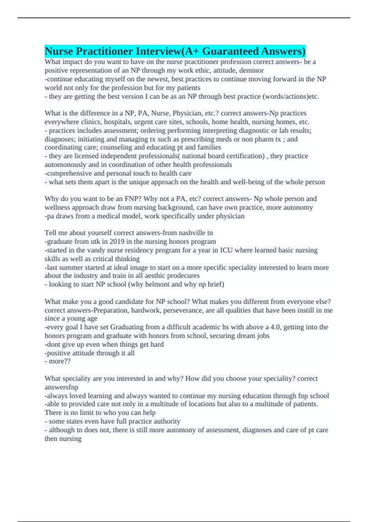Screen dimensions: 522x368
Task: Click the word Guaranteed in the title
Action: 226,51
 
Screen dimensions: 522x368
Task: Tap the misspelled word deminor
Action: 251,70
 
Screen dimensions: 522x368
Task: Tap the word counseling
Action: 117,147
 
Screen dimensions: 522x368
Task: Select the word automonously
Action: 63,165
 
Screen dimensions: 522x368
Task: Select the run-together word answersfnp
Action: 61,387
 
